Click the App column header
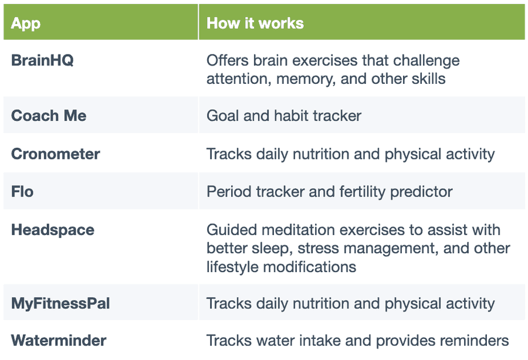click(26, 23)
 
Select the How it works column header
click(255, 23)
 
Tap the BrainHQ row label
click(42, 60)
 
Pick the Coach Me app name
click(49, 116)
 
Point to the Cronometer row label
click(56, 154)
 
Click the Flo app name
click(22, 192)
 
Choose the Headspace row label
click(53, 230)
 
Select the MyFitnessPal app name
click(60, 304)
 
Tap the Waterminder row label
click(59, 341)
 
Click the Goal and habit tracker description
click(284, 116)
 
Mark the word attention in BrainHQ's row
click(233, 79)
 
